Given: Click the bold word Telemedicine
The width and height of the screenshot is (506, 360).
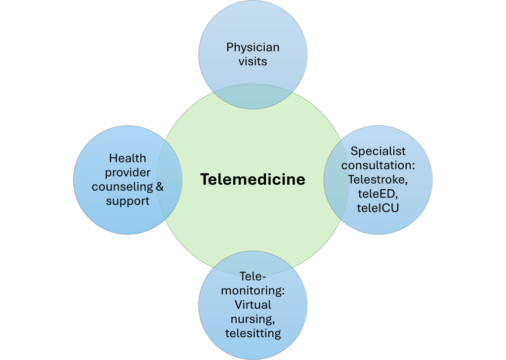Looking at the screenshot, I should coord(253,179).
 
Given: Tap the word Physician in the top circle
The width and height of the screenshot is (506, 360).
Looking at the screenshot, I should coord(253,47).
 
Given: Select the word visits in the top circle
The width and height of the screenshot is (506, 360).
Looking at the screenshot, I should coord(253,62).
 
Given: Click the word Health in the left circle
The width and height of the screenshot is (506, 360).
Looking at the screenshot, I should coord(127,158).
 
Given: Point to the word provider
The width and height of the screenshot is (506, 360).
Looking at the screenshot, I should coord(127,172).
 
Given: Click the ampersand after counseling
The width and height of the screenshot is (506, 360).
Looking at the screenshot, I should coord(159,187).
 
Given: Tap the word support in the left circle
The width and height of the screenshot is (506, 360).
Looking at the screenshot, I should coord(127,201).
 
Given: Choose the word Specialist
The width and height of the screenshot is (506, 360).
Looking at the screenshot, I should coord(378,151).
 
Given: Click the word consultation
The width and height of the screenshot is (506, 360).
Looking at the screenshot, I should coord(378,165).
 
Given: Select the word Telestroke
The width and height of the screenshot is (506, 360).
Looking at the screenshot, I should coord(378,179).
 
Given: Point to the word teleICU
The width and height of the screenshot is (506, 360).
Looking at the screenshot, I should coord(378,208).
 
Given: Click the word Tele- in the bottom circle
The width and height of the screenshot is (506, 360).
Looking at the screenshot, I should coord(253,276).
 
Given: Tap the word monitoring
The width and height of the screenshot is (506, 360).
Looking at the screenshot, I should coord(253,290).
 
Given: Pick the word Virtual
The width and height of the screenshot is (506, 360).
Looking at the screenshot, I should coord(253,305).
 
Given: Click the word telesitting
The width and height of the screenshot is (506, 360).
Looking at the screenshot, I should coord(253,333).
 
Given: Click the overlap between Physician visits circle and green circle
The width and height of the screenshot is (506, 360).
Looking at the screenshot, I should coord(253,97).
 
